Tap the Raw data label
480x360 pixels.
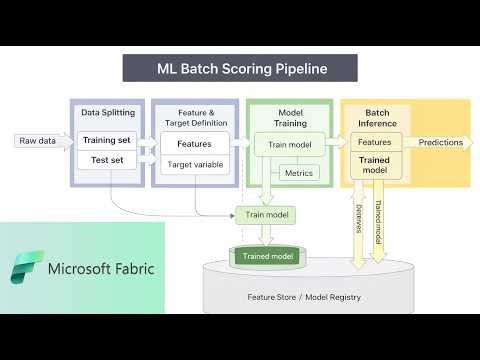pyautogui.click(x=36, y=141)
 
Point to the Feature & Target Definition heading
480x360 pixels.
pyautogui.click(x=194, y=117)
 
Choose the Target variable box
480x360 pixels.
pyautogui.click(x=194, y=164)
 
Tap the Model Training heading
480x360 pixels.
pyautogui.click(x=290, y=117)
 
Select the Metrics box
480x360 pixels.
pyautogui.click(x=298, y=173)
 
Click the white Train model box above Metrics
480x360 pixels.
pyautogui.click(x=290, y=146)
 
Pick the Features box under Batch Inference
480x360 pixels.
pyautogui.click(x=374, y=143)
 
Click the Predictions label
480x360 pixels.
pyautogui.click(x=440, y=142)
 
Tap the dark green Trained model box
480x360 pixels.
pyautogui.click(x=266, y=257)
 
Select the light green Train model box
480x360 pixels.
pyautogui.click(x=266, y=215)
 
